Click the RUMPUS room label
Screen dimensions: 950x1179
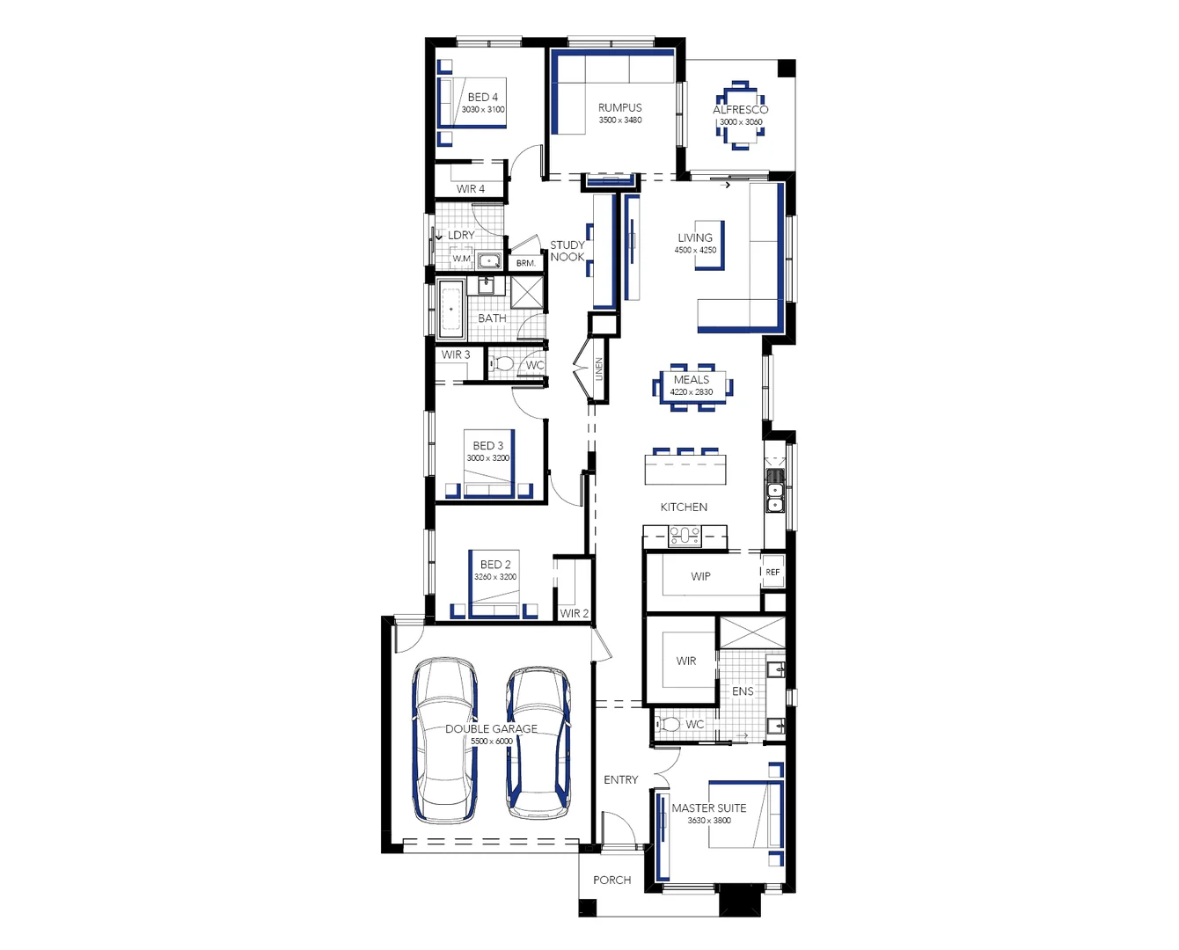point(620,108)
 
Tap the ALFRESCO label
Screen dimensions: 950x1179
point(740,110)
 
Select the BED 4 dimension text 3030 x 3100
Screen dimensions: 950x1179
point(483,110)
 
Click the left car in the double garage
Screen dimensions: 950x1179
point(445,741)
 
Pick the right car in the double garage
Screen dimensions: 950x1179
point(538,741)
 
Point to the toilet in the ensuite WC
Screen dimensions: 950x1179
point(670,725)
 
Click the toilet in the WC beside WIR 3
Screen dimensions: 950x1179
point(502,363)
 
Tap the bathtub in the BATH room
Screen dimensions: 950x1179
point(451,309)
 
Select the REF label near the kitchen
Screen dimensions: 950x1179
point(773,573)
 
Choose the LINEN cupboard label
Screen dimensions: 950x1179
point(598,369)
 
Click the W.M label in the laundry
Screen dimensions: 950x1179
point(462,259)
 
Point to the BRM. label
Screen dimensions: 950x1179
point(526,263)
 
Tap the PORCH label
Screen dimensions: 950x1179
point(611,880)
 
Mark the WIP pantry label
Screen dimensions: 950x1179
point(700,577)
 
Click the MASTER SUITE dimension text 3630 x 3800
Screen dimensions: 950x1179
point(709,821)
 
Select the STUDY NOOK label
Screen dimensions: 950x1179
point(568,251)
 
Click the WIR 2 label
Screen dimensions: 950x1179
point(574,613)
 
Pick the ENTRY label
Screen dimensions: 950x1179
point(620,780)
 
